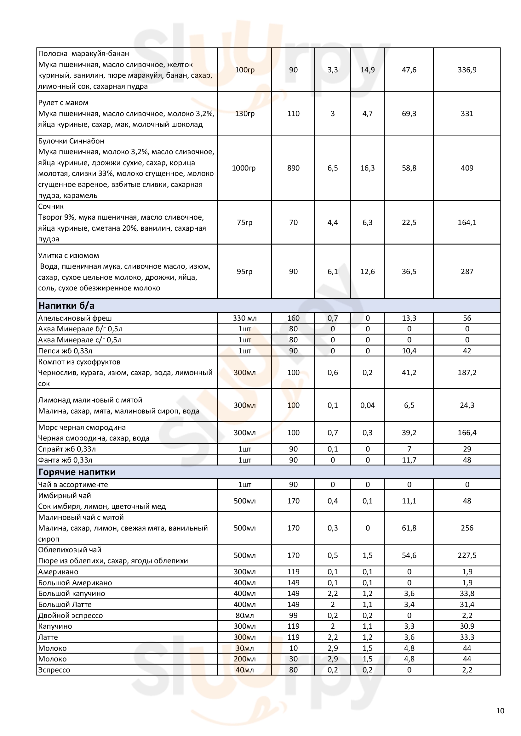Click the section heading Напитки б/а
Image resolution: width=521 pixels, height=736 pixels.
coord(66,306)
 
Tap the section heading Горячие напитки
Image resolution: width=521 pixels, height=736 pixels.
coord(77,472)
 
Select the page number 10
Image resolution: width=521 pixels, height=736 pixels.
coord(500,711)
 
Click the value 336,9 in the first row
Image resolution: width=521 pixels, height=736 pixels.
coord(467,70)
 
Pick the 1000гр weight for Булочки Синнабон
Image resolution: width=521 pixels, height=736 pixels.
coord(244,168)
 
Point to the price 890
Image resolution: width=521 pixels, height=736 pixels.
coord(293,168)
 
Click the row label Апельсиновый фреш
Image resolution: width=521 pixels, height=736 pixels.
coord(75,318)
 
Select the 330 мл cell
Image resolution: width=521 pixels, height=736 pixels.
coord(244,318)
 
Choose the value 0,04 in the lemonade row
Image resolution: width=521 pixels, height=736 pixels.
coord(367,405)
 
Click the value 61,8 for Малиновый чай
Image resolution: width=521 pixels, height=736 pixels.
coord(409,528)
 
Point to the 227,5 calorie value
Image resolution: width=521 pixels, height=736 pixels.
coord(467,555)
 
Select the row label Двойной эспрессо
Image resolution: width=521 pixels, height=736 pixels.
coord(71,615)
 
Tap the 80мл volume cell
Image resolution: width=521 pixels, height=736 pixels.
coord(244,615)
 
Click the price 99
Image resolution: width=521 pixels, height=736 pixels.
coord(293,615)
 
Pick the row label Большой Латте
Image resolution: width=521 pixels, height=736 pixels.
coord(65,604)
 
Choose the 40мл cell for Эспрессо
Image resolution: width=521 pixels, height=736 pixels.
coord(244,670)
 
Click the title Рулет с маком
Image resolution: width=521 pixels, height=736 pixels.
coord(63,103)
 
